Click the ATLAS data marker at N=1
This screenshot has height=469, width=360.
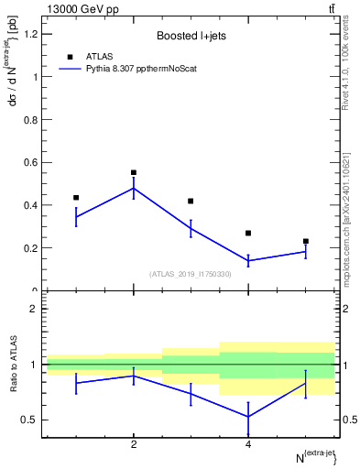tap(76, 197)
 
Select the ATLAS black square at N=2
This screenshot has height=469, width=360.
tap(134, 172)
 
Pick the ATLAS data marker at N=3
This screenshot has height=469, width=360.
tap(191, 201)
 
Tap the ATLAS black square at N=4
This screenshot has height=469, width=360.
tap(248, 233)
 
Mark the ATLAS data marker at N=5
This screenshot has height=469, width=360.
tap(305, 241)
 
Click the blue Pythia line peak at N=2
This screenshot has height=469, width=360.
tap(134, 188)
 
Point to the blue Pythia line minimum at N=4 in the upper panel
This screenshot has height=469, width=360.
tap(248, 261)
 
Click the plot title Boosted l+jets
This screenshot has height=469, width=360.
tap(191, 36)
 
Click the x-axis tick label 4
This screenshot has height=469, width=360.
tap(248, 446)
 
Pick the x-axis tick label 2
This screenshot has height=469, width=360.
tap(134, 446)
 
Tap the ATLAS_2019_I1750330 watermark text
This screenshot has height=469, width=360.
tap(191, 274)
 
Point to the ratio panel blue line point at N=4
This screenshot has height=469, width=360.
tap(248, 417)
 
